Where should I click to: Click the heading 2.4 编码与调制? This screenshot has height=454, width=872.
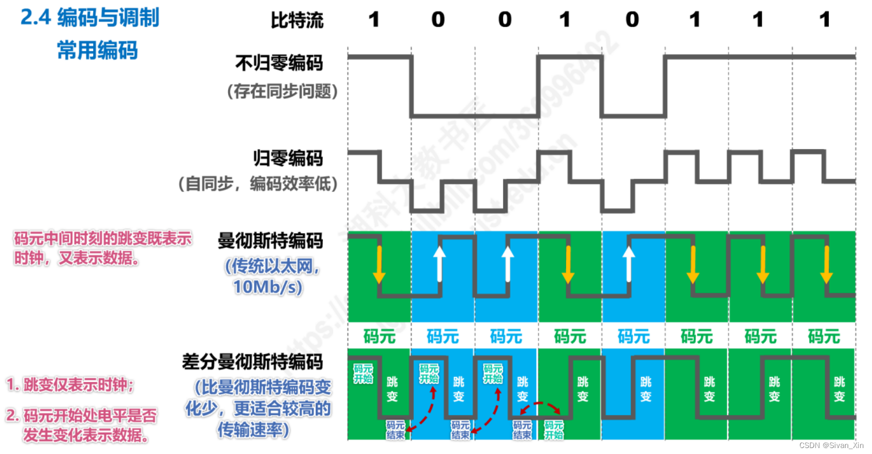click(90, 17)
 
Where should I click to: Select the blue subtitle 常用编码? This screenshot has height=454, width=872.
click(97, 50)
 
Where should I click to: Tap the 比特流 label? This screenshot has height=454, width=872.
click(297, 21)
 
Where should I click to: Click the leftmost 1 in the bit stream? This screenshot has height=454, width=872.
click(374, 20)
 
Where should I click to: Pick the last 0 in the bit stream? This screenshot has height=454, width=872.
click(632, 20)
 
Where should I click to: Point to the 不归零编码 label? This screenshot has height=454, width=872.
click(279, 63)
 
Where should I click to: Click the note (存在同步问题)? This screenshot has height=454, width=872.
click(282, 91)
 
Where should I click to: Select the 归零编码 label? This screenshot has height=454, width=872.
click(288, 158)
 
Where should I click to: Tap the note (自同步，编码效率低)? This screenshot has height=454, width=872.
click(258, 184)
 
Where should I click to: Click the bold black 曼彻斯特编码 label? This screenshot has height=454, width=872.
click(270, 241)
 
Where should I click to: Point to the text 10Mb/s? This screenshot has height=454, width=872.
click(268, 287)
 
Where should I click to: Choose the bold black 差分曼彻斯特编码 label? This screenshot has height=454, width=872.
click(252, 361)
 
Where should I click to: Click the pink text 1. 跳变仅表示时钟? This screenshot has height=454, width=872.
click(70, 385)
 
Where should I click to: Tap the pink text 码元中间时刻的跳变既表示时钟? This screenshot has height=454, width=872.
click(103, 238)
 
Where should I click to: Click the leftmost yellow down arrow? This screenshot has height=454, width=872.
click(379, 265)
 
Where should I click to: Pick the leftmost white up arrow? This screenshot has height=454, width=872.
click(440, 264)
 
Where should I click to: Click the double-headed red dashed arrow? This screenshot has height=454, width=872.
click(539, 407)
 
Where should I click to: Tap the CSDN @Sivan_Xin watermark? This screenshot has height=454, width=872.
click(831, 445)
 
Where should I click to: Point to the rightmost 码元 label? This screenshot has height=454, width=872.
click(824, 336)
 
